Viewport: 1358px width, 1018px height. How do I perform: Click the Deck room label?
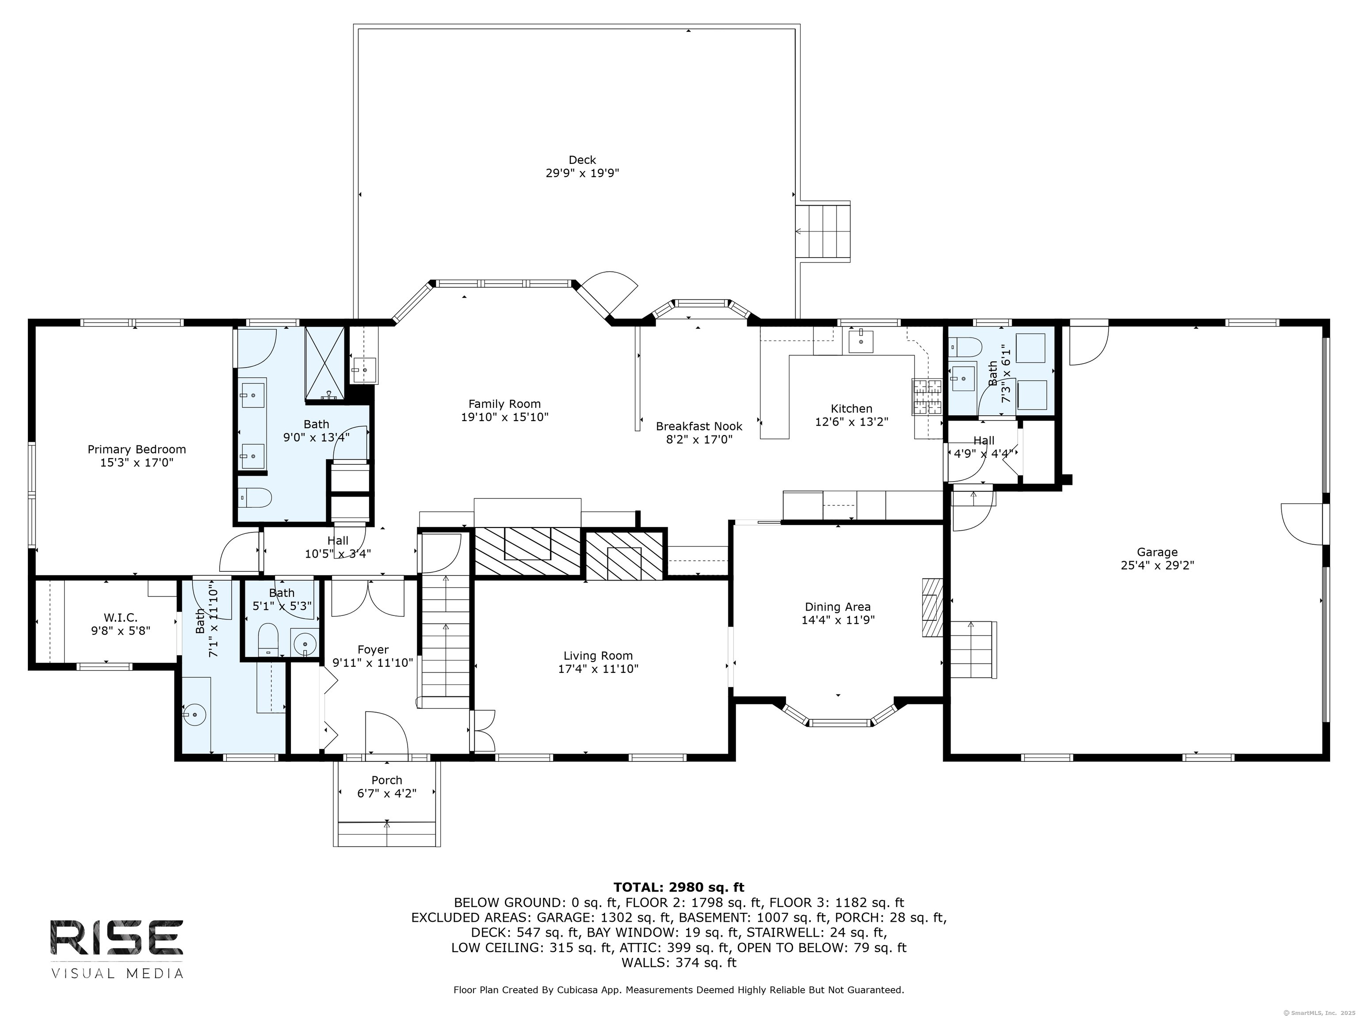[582, 160]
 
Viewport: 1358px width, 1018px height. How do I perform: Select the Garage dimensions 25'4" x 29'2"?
[1157, 565]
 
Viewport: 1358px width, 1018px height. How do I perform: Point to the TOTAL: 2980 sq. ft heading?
[679, 887]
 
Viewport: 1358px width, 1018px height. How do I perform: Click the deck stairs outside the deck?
[823, 232]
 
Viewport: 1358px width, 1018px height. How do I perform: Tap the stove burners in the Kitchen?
[927, 396]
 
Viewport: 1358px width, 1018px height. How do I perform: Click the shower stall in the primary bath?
[325, 363]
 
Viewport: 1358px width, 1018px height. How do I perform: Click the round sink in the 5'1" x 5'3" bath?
[305, 644]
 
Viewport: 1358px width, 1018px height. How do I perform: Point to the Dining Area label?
[837, 607]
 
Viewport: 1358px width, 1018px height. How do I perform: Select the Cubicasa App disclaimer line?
[679, 990]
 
